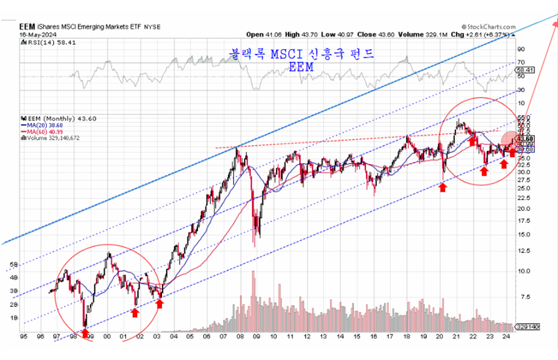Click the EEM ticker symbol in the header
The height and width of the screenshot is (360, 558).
(27, 26)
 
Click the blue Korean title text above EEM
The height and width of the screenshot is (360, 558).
(301, 54)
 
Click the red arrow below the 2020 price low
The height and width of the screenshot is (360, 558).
(443, 188)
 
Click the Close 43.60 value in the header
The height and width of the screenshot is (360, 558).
(370, 34)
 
